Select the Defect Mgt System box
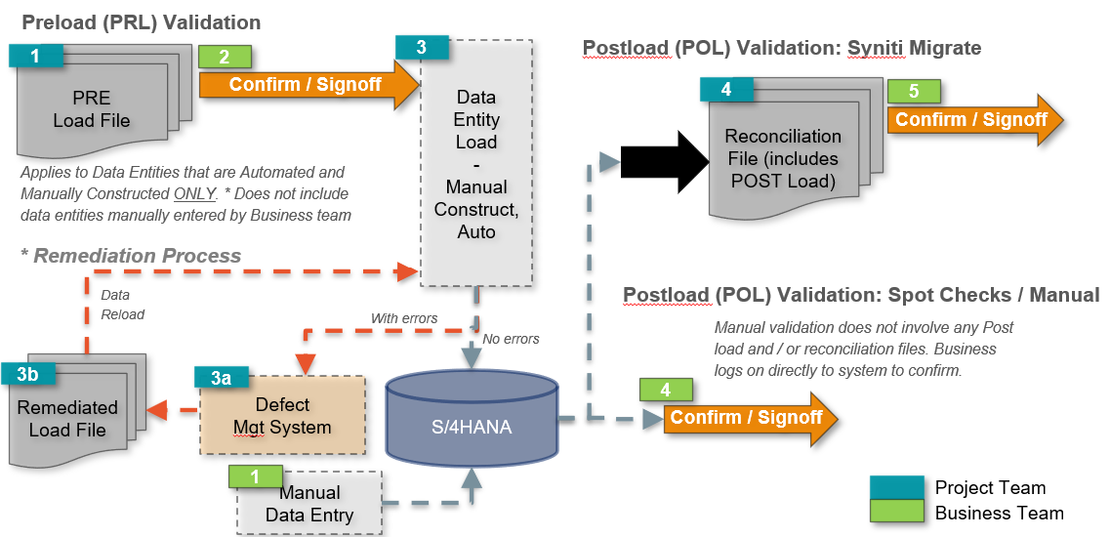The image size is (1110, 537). [x=282, y=416]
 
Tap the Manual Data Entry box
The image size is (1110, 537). [x=309, y=504]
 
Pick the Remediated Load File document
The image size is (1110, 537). [x=67, y=419]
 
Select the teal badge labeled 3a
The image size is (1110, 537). [x=222, y=379]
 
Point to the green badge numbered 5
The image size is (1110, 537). [x=913, y=92]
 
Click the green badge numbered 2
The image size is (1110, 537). [x=225, y=57]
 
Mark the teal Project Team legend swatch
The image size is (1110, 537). [x=896, y=487]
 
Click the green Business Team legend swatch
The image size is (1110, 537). [x=896, y=512]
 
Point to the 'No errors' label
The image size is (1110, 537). [x=511, y=339]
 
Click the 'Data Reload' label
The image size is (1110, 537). [x=122, y=305]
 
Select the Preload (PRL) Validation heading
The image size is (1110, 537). [x=141, y=21]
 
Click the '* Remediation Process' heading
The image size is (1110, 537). [x=131, y=256]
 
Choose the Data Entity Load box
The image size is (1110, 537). [x=476, y=164]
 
